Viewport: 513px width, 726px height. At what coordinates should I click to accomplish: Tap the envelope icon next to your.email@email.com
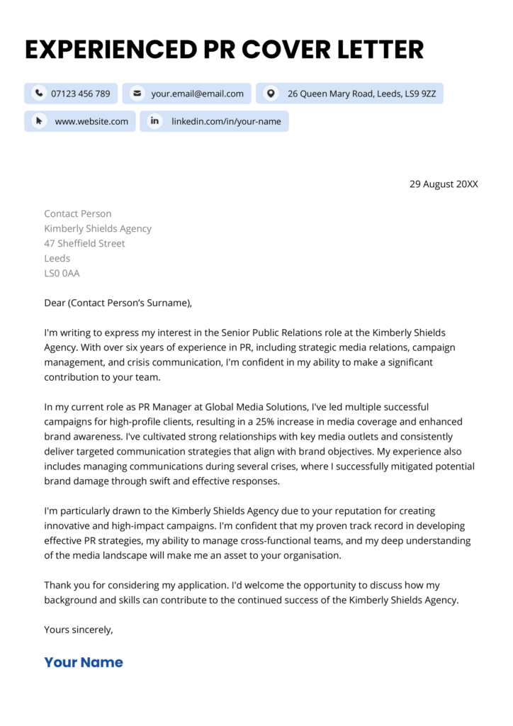(137, 94)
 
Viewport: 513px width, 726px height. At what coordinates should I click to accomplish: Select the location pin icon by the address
(271, 94)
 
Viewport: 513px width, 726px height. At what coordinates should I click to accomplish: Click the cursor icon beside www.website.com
(39, 121)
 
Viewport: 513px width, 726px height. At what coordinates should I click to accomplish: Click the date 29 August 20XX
(444, 184)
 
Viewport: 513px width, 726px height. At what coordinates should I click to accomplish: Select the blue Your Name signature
(84, 662)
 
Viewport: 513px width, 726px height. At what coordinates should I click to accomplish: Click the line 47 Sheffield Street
(84, 243)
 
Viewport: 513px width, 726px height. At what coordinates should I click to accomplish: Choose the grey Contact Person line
(77, 213)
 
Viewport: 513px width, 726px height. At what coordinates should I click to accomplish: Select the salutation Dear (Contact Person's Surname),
(118, 303)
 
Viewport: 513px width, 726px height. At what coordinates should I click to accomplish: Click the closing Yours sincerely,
(78, 629)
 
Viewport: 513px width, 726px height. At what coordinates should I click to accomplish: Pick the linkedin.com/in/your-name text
(226, 121)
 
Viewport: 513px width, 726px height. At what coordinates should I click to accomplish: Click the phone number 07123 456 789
(80, 94)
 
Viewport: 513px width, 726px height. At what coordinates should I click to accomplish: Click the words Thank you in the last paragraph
(67, 585)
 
